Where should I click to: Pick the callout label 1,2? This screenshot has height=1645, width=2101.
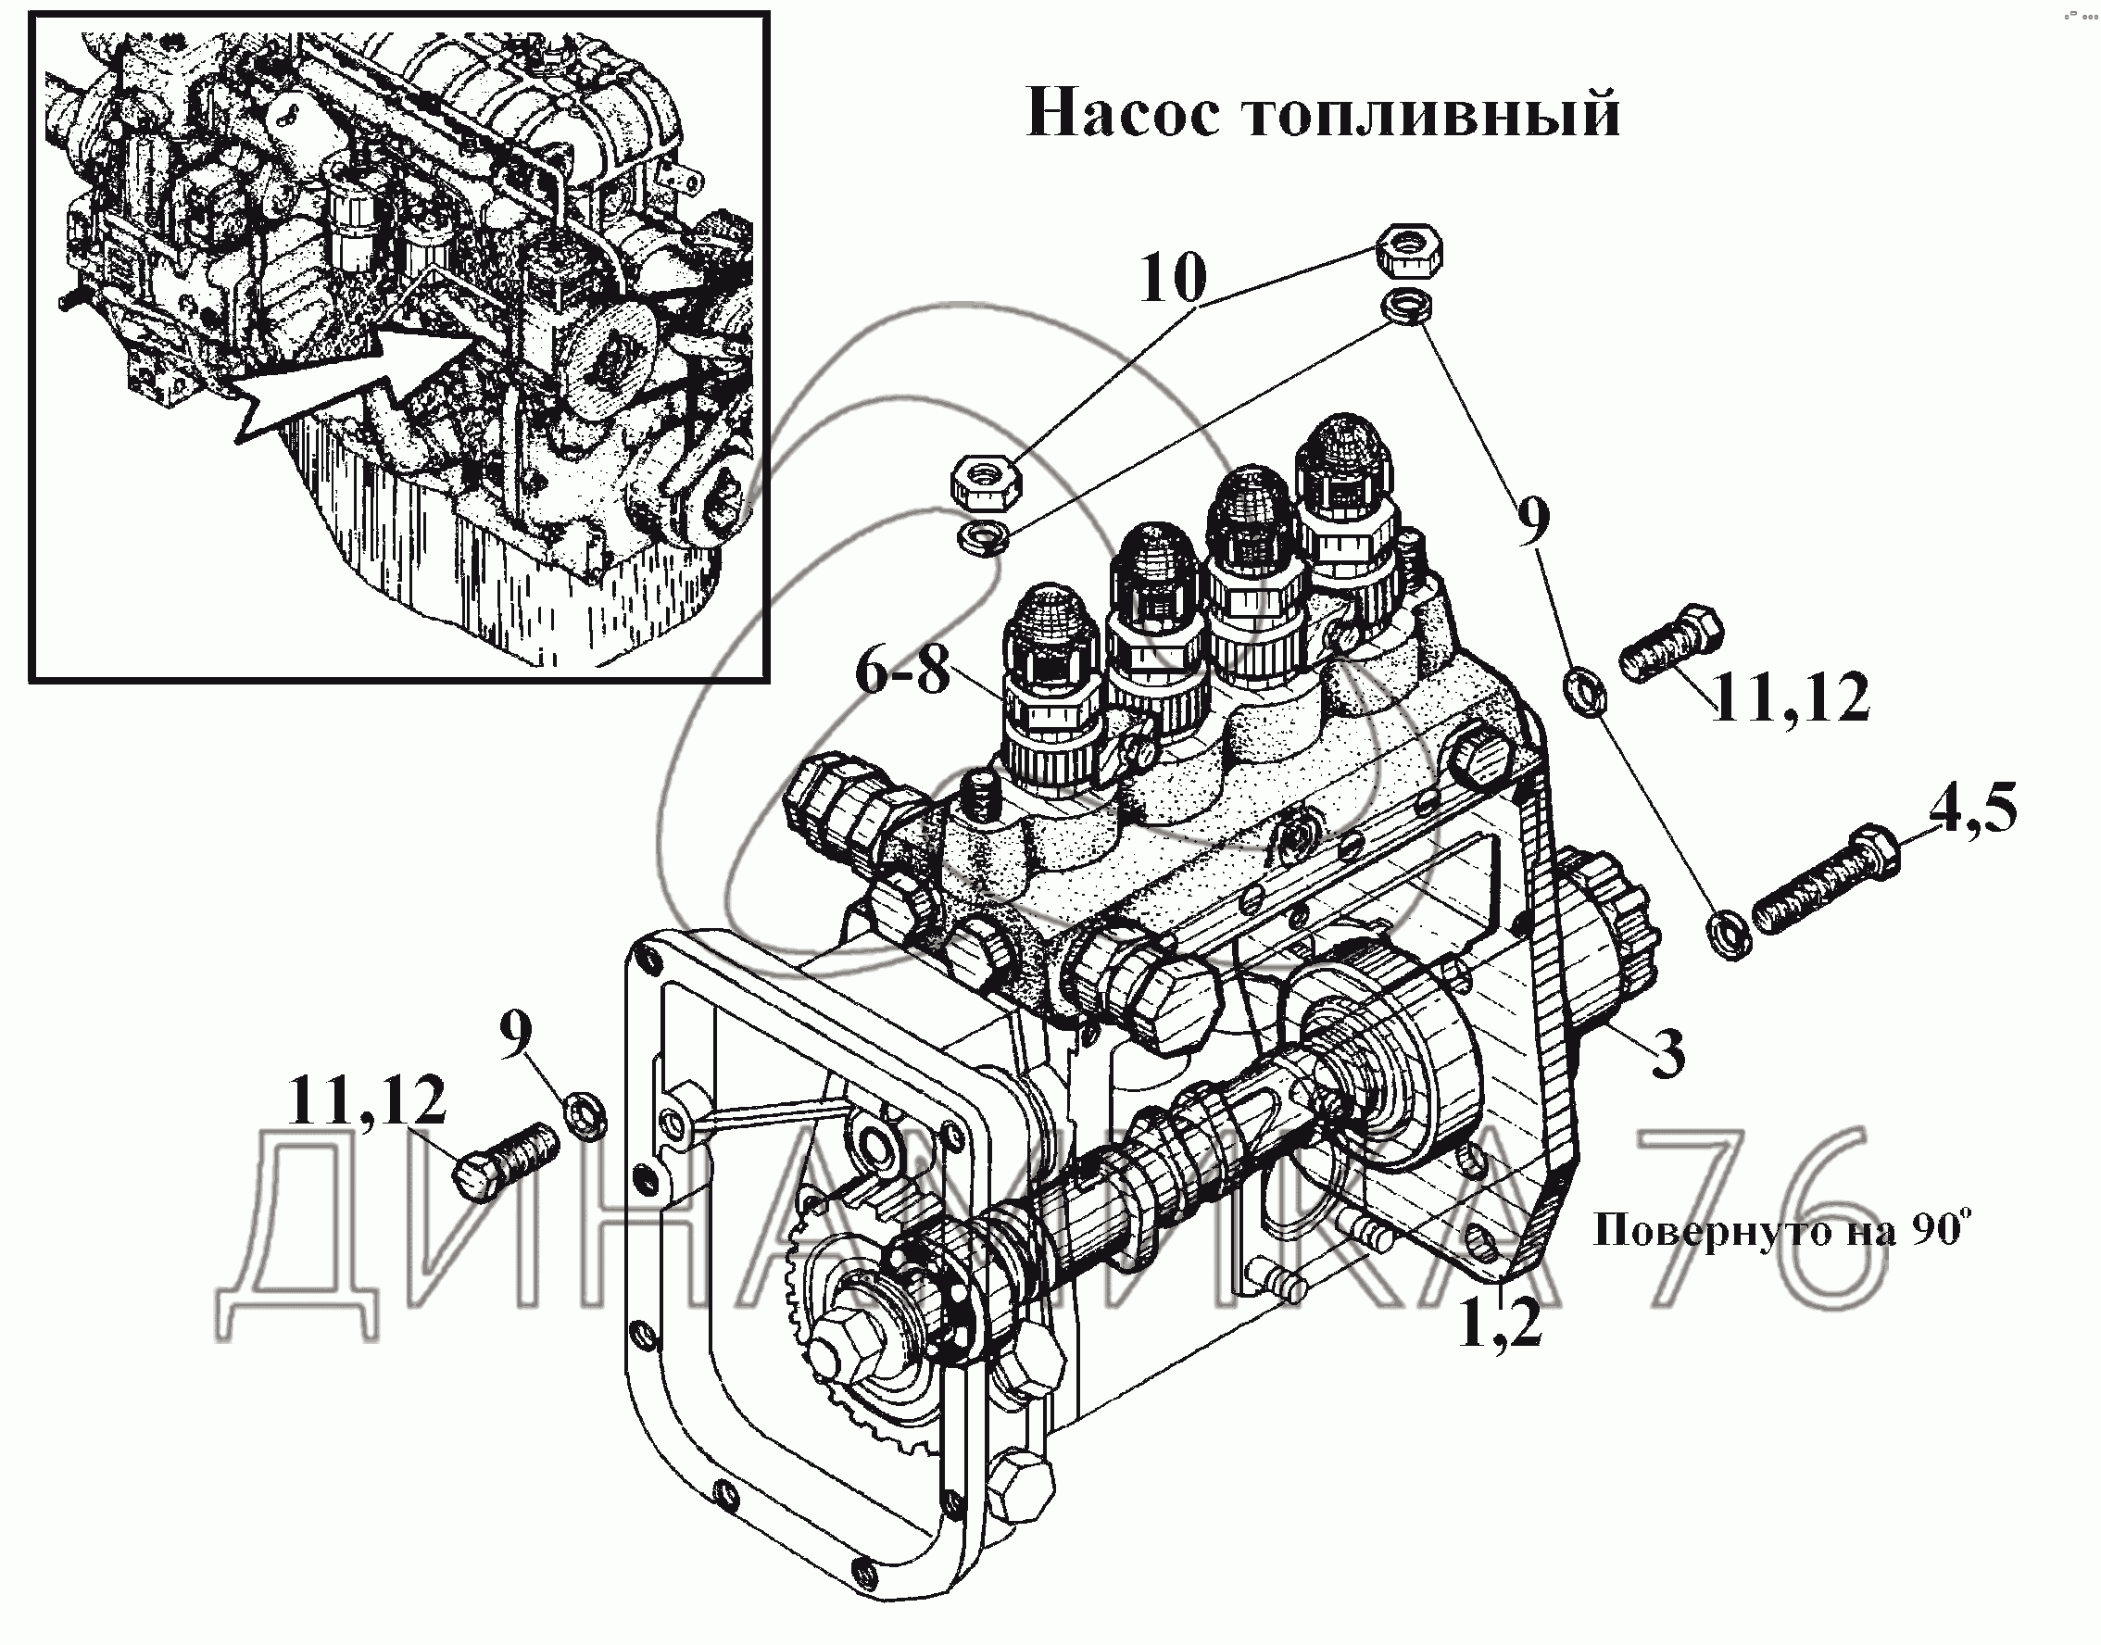(x=1500, y=1325)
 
